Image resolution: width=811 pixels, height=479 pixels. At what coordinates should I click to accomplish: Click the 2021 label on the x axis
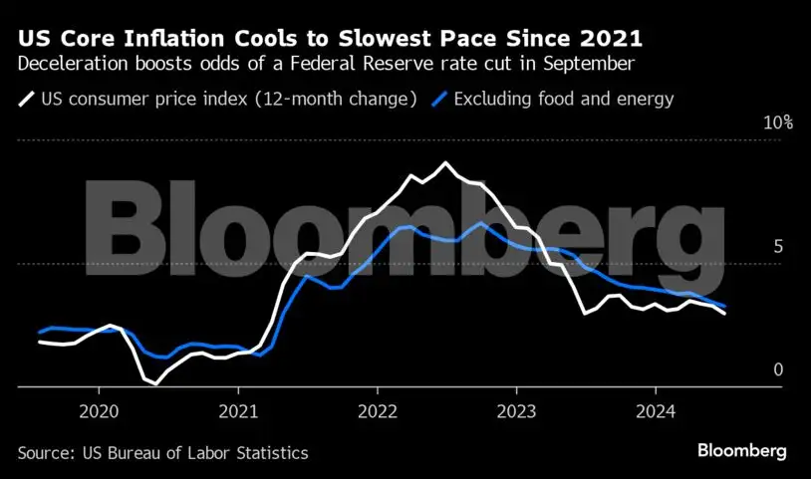click(x=238, y=412)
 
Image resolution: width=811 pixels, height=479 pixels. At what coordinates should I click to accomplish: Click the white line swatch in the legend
click(x=25, y=99)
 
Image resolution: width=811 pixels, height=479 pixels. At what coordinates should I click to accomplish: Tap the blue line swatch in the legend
click(x=439, y=99)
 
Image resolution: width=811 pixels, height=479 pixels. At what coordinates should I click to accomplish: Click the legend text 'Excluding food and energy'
click(x=564, y=99)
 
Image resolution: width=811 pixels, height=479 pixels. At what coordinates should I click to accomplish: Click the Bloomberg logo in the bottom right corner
click(x=742, y=451)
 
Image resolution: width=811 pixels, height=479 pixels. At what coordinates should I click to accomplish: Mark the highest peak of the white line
click(x=445, y=162)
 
